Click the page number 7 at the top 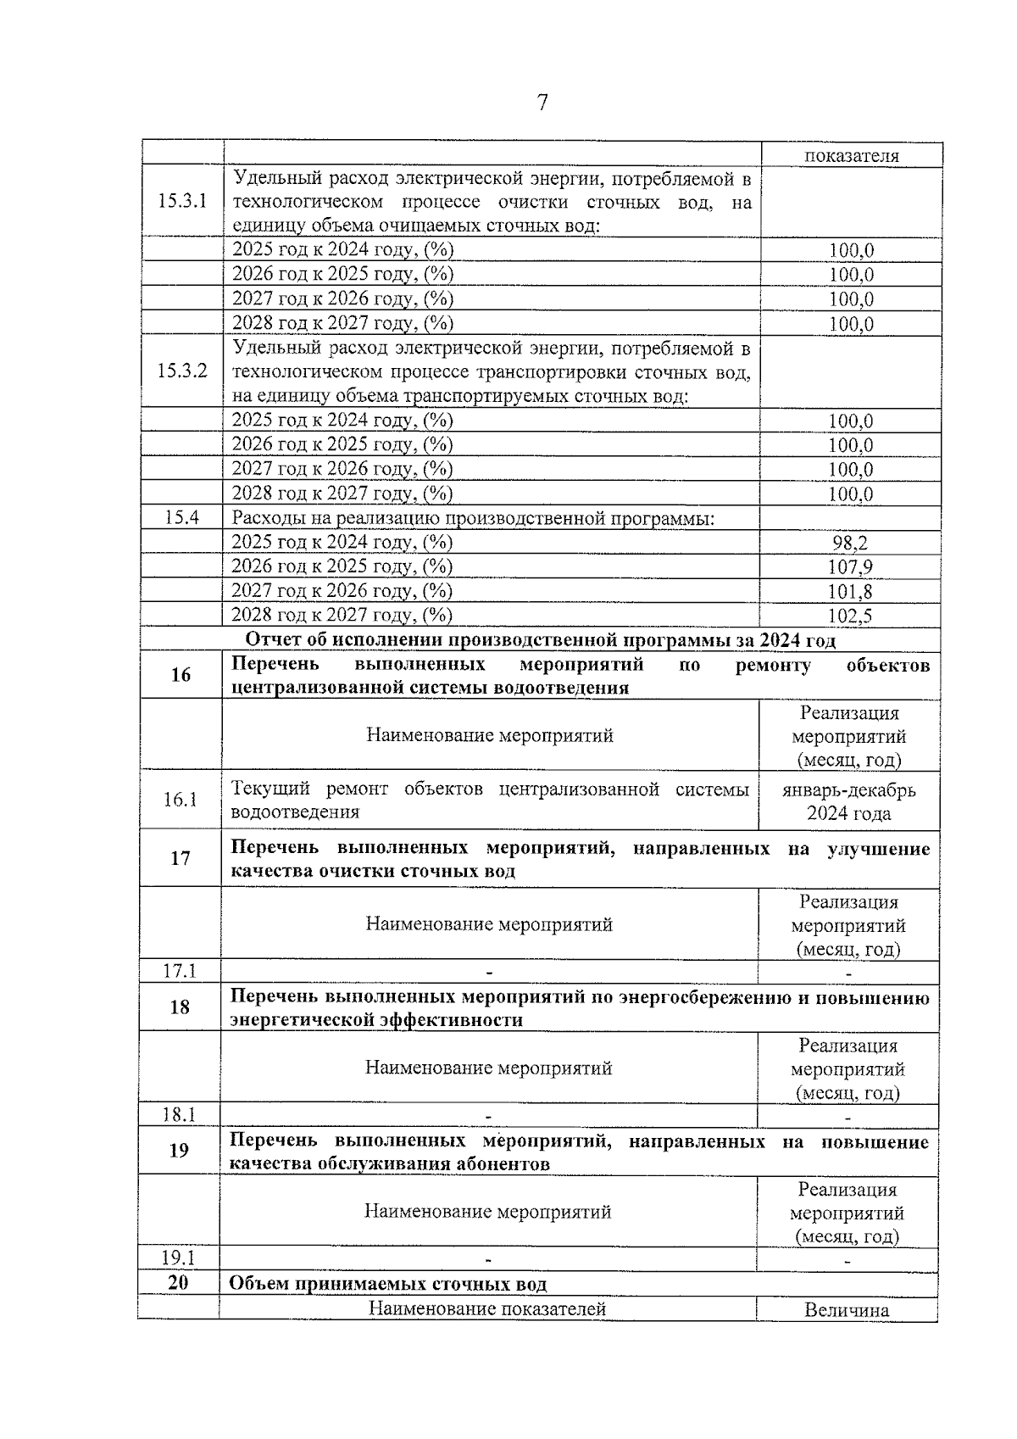542,103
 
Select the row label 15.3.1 182,202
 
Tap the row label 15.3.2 182,371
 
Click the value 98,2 850,544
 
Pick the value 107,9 850,567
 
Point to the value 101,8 850,592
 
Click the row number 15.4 181,517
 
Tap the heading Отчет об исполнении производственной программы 540,640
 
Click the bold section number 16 181,675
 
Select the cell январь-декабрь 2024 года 849,801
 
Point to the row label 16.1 181,800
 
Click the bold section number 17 181,858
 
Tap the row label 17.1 180,971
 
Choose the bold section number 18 180,1007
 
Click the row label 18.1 179,1114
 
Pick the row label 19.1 179,1258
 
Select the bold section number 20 178,1282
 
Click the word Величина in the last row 847,1310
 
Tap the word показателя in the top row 852,155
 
